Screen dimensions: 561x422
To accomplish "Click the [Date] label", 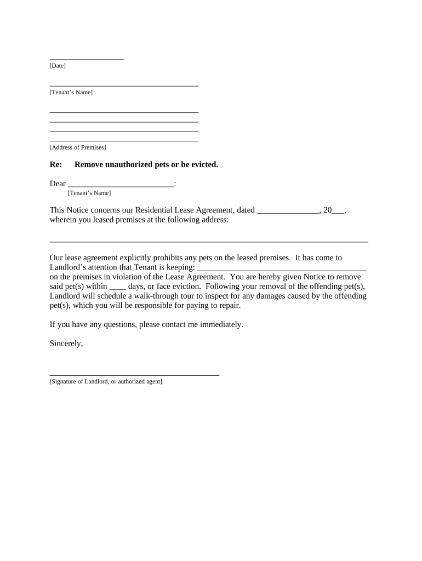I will coord(58,66).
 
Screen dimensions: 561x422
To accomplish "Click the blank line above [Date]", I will coord(87,59).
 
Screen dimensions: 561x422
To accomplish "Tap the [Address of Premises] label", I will coord(78,147).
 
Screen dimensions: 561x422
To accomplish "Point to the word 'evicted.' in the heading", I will coord(204,164).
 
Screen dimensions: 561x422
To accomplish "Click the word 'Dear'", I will coord(58,184).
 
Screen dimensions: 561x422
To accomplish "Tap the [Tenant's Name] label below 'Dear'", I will coord(89,193).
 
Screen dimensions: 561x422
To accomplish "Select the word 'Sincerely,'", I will coord(66,344).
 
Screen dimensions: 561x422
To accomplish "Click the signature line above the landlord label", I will coord(134,374).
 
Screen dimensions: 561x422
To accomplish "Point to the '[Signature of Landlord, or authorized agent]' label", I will coord(106,381).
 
